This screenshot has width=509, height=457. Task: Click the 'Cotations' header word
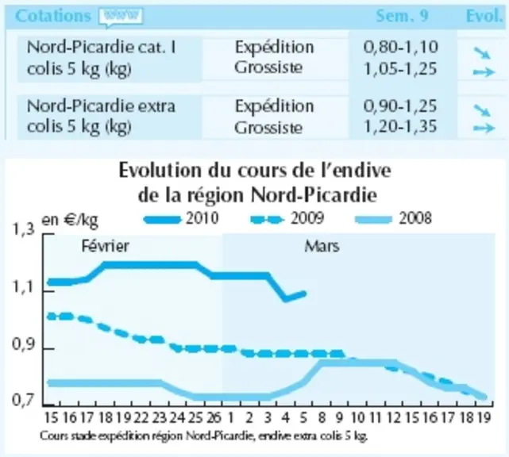(x=52, y=16)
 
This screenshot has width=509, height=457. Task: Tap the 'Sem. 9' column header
(x=402, y=16)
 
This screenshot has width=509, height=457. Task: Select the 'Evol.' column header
(x=484, y=16)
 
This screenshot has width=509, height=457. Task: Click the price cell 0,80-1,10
(x=400, y=47)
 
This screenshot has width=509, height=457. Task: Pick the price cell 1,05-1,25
(x=400, y=69)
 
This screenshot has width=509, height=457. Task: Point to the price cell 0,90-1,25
(x=400, y=106)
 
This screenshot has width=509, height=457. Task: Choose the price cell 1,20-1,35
(x=400, y=126)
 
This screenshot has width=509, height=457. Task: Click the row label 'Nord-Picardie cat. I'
(x=102, y=47)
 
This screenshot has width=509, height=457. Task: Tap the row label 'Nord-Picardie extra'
(x=101, y=106)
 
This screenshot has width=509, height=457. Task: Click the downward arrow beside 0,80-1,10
(x=482, y=53)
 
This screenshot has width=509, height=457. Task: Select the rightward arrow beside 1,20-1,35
(x=484, y=129)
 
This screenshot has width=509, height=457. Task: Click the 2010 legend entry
(x=181, y=219)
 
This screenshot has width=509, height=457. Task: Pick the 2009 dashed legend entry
(x=287, y=219)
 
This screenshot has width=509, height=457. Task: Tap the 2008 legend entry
(x=394, y=219)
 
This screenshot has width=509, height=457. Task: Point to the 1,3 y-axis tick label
(x=23, y=229)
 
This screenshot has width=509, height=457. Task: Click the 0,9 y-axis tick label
(x=23, y=345)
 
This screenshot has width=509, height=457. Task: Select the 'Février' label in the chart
(x=105, y=246)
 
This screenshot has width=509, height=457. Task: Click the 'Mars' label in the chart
(x=322, y=247)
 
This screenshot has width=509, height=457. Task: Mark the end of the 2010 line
(x=304, y=294)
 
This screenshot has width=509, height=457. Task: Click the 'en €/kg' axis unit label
(x=70, y=221)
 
